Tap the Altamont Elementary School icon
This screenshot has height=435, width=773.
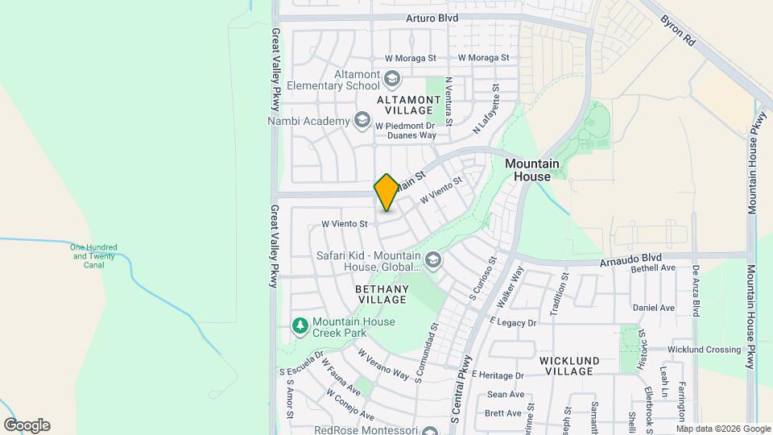pyautogui.click(x=392, y=78)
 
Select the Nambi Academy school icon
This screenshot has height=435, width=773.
pyautogui.click(x=362, y=121)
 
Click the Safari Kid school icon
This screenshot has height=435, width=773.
pyautogui.click(x=433, y=259)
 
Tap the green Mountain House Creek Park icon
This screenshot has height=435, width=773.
pyautogui.click(x=300, y=325)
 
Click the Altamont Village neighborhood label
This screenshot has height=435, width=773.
pyautogui.click(x=410, y=104)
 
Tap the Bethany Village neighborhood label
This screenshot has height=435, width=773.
pyautogui.click(x=382, y=294)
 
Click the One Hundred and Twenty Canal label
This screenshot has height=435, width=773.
pyautogui.click(x=93, y=255)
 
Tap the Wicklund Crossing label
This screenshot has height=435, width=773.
pyautogui.click(x=705, y=350)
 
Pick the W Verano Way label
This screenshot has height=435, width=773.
pyautogui.click(x=383, y=364)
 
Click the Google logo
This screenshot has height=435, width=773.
pyautogui.click(x=27, y=425)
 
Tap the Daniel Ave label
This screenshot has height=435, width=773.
pyautogui.click(x=654, y=308)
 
